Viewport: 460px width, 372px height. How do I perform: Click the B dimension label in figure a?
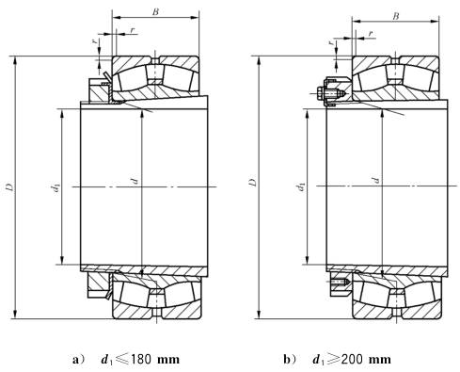(x=155, y=12)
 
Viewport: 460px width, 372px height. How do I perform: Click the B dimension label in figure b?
(x=396, y=16)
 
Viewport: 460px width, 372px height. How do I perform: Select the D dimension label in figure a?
(x=10, y=186)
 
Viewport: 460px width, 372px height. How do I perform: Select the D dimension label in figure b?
(x=253, y=183)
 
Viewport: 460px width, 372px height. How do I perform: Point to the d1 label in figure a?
(x=56, y=187)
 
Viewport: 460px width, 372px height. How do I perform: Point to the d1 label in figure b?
(x=301, y=186)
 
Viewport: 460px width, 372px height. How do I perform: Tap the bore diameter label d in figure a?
(x=135, y=180)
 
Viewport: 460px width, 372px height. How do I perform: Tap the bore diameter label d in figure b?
(x=375, y=180)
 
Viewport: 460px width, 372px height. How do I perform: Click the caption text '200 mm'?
(x=366, y=359)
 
